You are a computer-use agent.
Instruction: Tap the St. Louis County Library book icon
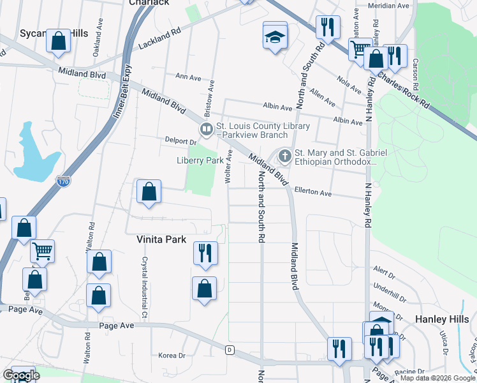point(207,130)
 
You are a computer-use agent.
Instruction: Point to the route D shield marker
point(230,350)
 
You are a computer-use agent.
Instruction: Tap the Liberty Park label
point(200,161)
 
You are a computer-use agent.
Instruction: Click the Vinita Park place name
point(161,239)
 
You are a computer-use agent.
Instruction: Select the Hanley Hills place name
point(442,319)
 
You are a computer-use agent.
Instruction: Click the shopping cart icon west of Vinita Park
point(43,252)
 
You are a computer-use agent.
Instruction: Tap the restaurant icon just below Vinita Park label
point(205,253)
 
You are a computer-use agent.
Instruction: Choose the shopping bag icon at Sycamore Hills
point(59,41)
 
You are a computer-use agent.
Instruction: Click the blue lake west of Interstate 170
point(32,153)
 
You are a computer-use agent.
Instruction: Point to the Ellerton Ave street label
point(313,192)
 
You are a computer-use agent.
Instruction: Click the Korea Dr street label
point(172,356)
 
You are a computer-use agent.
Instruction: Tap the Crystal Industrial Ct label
point(144,298)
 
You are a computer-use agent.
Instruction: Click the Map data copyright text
point(437,378)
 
